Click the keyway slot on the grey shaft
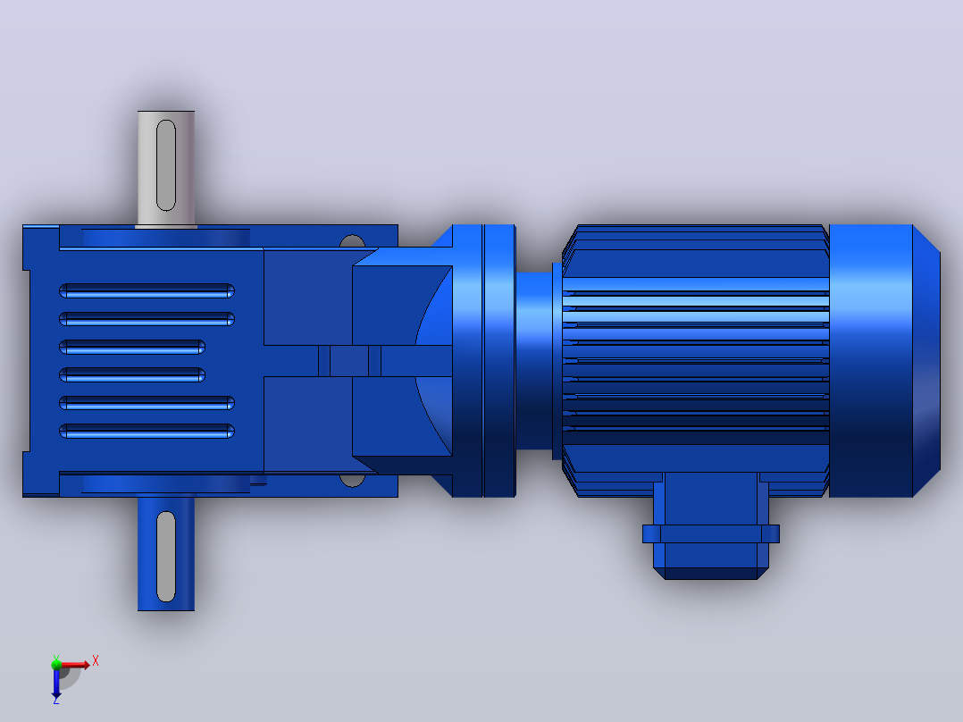166,165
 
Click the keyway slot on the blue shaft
166,556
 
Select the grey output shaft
166,169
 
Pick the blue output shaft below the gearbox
166,554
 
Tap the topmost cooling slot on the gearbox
147,290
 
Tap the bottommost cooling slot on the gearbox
147,431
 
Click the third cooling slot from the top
132,348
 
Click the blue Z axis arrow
56,682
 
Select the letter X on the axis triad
96,661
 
